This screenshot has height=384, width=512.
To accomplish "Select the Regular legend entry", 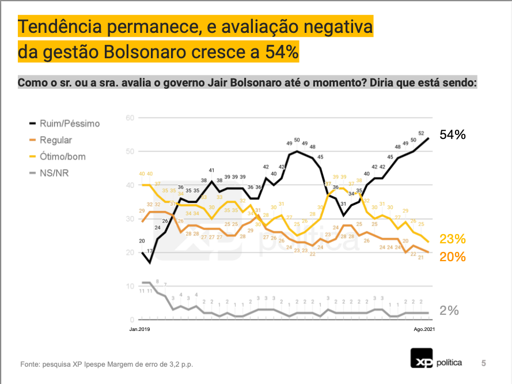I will click(x=55, y=140).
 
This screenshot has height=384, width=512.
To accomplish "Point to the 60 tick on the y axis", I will click(x=130, y=118).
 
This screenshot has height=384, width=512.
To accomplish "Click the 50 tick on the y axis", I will click(x=130, y=151).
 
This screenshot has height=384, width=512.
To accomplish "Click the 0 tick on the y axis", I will click(x=132, y=319).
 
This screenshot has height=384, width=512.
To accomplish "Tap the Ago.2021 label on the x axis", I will click(x=424, y=329).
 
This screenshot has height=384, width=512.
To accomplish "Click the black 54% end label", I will click(x=452, y=135).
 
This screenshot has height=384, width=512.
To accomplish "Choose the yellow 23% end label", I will click(x=452, y=239).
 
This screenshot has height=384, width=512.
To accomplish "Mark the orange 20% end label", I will click(x=452, y=257).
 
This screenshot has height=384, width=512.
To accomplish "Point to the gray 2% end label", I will click(x=449, y=310).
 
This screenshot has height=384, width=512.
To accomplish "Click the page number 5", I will click(x=484, y=363).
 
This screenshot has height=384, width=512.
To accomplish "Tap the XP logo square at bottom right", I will click(x=421, y=359).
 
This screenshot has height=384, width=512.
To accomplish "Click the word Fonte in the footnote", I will click(x=30, y=364).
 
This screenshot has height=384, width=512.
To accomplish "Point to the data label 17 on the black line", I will click(x=150, y=251).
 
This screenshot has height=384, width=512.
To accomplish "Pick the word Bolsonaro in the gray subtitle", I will click(x=257, y=82).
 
